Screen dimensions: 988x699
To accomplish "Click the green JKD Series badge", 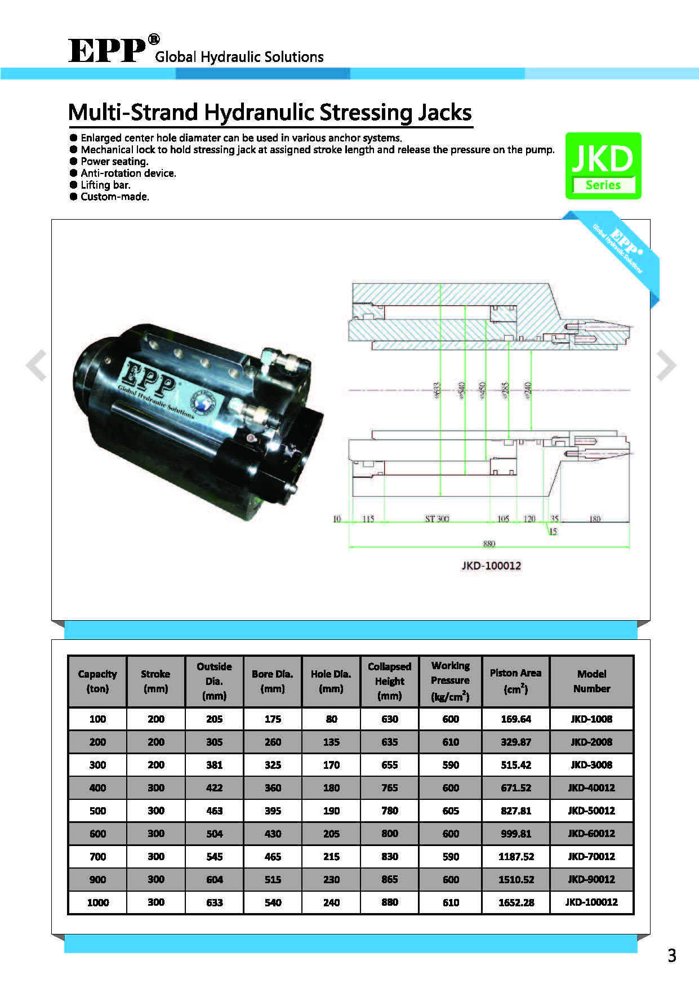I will coord(603,166).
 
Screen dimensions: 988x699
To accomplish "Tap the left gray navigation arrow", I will coord(37,365).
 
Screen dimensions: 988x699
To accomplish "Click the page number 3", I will coord(671,955).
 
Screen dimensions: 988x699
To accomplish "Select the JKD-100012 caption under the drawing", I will coord(491,566).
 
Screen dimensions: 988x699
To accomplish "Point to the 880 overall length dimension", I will coord(489,544).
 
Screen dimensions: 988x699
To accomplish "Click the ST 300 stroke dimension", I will coord(437,519).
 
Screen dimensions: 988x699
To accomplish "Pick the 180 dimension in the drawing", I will coord(595,519).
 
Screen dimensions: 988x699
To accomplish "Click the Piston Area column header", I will coord(515,681).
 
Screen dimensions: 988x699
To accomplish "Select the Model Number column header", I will coord(591,681).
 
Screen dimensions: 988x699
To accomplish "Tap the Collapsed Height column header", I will coord(389,681).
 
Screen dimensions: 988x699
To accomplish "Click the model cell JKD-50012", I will coord(591,811).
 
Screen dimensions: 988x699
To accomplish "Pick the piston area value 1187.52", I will coord(516,856).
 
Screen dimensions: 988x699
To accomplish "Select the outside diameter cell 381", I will coord(214,765).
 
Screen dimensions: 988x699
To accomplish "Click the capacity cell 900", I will coord(97,879).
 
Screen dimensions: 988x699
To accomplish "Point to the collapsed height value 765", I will coord(389,787).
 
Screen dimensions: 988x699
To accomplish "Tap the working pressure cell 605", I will coord(450,811).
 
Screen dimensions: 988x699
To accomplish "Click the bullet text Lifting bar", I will coord(105,185).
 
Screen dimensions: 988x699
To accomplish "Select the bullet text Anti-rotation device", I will coord(128,173).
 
